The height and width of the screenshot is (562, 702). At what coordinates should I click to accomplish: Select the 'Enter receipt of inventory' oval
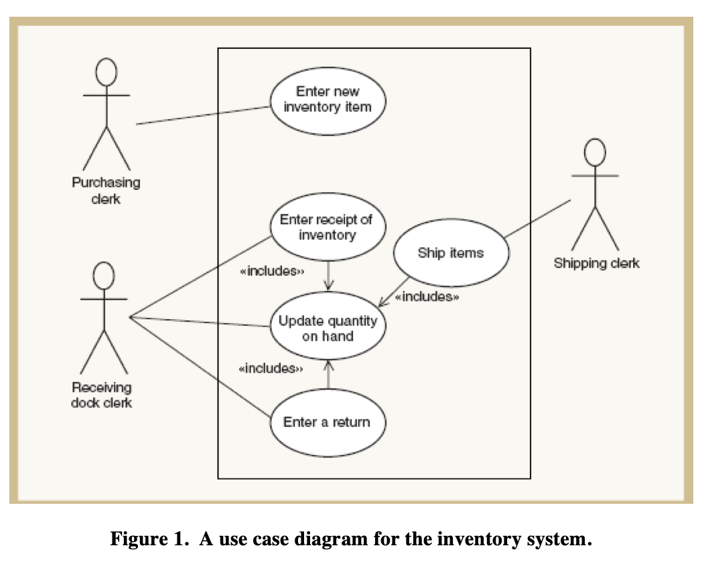[x=328, y=227]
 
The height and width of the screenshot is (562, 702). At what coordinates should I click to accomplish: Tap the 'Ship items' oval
[x=451, y=253]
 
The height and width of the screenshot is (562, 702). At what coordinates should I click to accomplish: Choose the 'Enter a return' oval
[x=327, y=422]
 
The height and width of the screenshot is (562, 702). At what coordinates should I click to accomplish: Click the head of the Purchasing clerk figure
[x=106, y=72]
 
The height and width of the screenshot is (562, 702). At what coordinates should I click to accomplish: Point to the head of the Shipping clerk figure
[x=595, y=153]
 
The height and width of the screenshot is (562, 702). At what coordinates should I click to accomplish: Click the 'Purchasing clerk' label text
[x=106, y=190]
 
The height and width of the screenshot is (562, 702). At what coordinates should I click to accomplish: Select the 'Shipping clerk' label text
[x=596, y=264]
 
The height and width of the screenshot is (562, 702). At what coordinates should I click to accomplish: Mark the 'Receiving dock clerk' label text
[x=102, y=395]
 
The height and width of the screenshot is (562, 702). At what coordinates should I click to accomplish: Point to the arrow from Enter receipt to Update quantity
[x=328, y=275]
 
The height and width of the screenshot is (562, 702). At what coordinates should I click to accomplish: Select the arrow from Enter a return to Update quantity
[x=328, y=375]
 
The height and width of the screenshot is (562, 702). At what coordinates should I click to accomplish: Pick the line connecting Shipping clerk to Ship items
[x=538, y=217]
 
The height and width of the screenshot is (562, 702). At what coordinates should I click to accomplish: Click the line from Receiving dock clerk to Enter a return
[x=201, y=371]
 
